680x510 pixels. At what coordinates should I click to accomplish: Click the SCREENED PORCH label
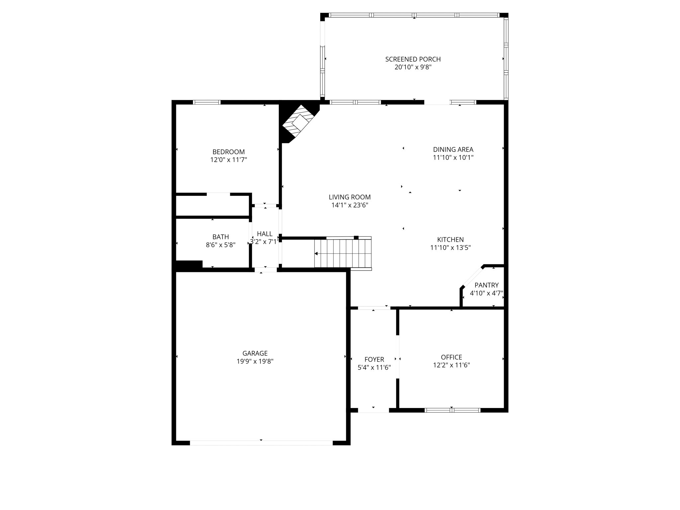413,59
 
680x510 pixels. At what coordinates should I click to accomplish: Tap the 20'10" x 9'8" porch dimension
413,67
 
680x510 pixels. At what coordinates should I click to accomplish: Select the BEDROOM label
228,152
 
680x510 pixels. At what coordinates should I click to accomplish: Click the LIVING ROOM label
350,197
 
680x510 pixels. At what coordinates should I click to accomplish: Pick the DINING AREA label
453,149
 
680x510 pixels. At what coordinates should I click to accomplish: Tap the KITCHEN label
450,239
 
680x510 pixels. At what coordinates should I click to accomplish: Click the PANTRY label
486,285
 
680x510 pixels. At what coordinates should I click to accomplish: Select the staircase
343,253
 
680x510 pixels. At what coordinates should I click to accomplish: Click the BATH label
220,237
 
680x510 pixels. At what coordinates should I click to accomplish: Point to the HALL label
265,234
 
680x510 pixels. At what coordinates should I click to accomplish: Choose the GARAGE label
255,353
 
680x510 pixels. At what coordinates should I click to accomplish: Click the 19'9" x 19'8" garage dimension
255,362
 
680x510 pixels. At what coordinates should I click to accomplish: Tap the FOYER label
374,359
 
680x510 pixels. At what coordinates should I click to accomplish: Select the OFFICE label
451,357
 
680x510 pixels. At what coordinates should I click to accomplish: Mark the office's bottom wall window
452,410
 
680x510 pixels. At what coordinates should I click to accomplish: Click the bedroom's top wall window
207,102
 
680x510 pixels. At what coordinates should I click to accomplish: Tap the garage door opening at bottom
261,443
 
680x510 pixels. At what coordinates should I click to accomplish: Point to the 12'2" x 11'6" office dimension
451,365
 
